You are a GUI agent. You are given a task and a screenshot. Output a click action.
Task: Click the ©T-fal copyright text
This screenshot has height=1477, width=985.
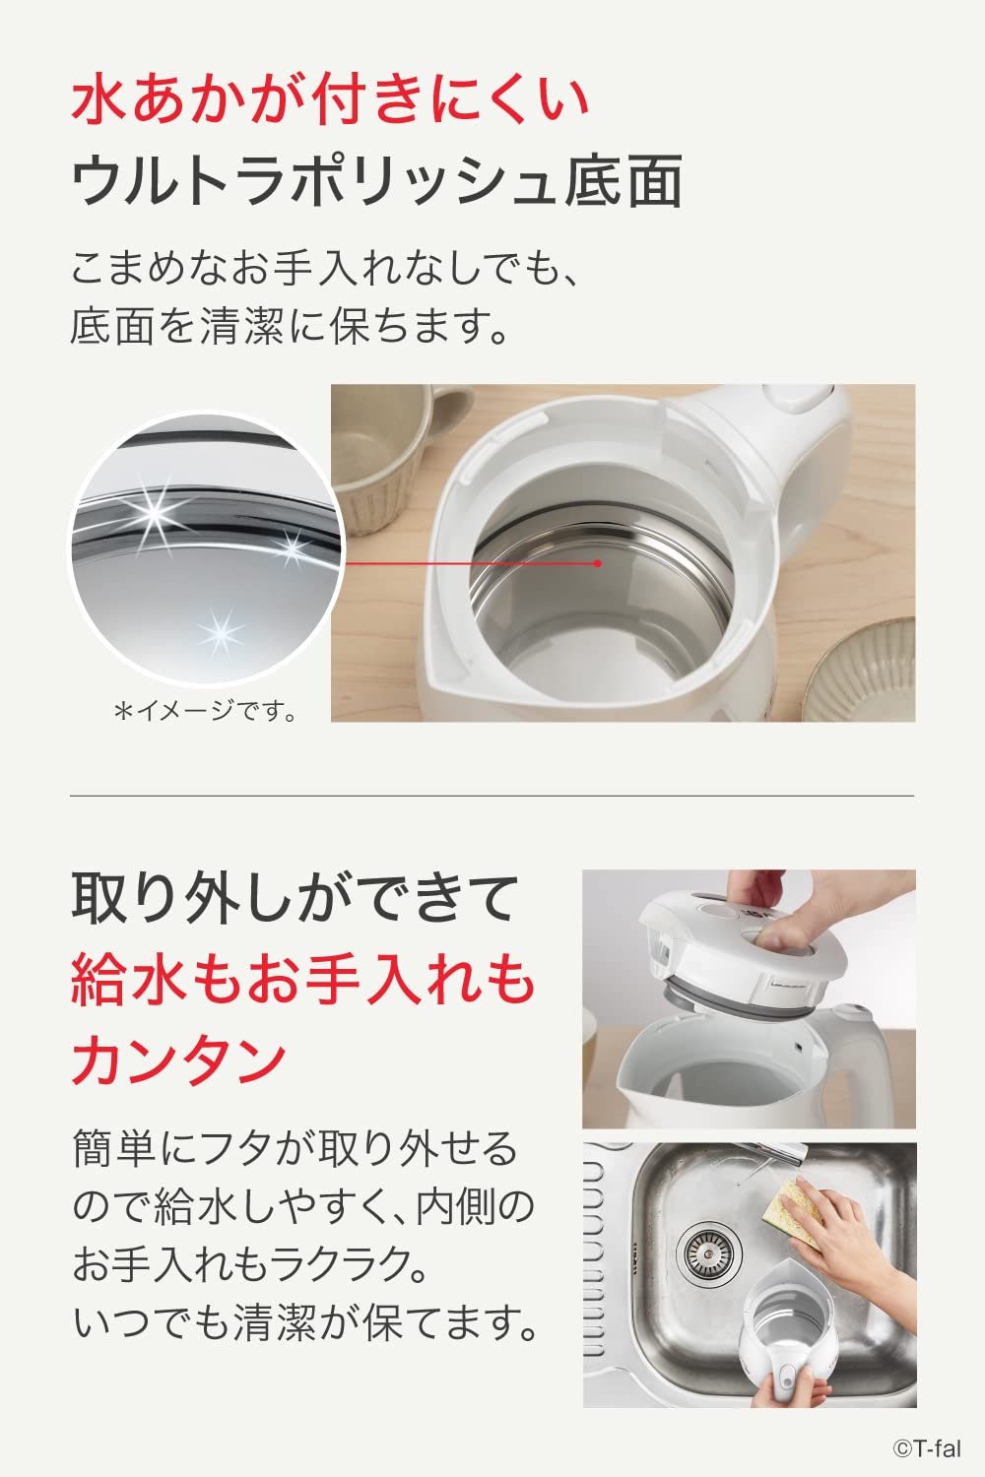pyautogui.click(x=927, y=1448)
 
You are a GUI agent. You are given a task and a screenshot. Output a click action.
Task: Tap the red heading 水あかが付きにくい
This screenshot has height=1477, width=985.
pyautogui.click(x=329, y=99)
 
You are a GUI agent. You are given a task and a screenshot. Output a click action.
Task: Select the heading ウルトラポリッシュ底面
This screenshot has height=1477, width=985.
pyautogui.click(x=376, y=180)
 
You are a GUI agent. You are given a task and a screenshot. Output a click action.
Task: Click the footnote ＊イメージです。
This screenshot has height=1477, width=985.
pyautogui.click(x=206, y=711)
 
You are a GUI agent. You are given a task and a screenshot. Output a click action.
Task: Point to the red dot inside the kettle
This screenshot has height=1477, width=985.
pyautogui.click(x=597, y=563)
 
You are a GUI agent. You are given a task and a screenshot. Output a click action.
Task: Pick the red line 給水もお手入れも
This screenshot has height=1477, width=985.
pyautogui.click(x=302, y=980)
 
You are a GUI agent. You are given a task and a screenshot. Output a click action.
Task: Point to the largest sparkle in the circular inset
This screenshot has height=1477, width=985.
pyautogui.click(x=156, y=510)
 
